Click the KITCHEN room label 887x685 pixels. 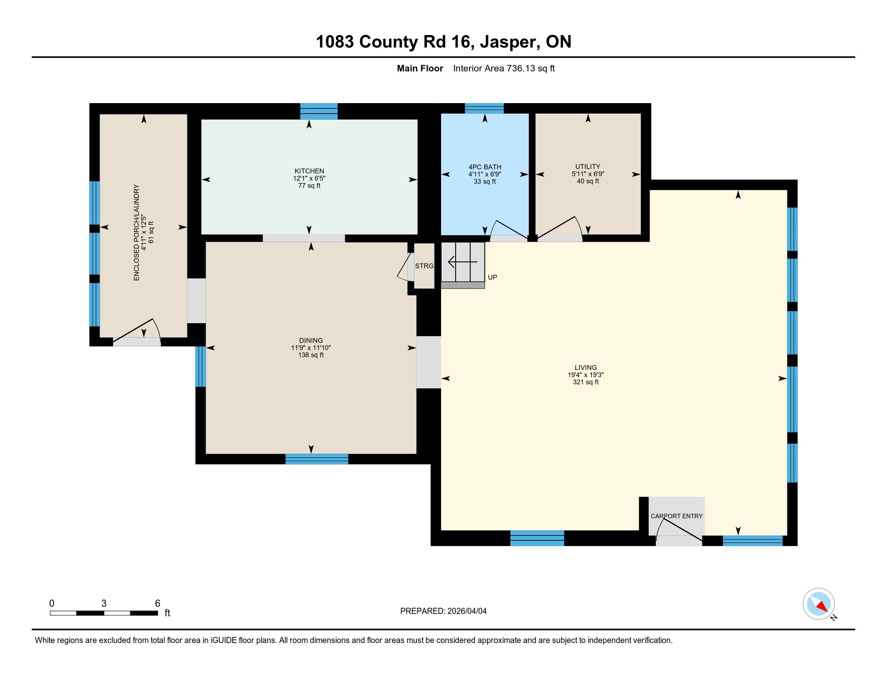309,171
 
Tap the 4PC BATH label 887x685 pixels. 485,167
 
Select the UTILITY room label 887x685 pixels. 588,166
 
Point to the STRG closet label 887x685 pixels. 425,266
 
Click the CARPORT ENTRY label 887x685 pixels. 677,516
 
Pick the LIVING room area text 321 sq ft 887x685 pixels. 586,382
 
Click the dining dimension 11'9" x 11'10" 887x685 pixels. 311,348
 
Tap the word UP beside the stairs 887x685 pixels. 492,277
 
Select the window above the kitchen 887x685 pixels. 319,111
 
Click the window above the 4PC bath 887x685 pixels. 484,108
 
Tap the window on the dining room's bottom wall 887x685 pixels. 317,459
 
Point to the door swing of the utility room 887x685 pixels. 560,227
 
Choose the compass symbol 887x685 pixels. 818,604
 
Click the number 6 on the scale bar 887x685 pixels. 158,604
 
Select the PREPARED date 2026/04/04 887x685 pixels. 466,611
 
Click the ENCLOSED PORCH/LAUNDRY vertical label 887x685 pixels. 136,232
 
